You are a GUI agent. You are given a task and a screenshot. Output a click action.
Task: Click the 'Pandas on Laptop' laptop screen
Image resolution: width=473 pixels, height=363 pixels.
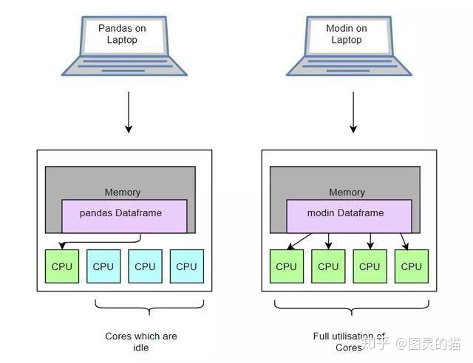[122, 34]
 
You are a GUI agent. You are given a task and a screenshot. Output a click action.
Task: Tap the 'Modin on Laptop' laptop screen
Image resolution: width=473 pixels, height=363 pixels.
[347, 34]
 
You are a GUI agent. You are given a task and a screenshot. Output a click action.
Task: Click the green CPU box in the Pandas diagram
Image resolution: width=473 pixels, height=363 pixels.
[62, 266]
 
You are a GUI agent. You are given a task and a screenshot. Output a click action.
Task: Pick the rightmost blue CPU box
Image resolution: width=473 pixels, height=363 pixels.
[186, 266]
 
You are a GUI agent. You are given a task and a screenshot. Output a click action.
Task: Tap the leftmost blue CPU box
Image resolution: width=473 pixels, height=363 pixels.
[103, 266]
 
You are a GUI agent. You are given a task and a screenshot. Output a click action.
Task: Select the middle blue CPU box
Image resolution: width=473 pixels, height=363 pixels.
[145, 266]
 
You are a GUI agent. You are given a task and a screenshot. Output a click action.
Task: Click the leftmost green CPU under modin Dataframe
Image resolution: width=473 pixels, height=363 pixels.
[287, 266]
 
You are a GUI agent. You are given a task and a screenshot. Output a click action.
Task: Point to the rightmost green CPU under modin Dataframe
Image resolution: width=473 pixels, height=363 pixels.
[411, 266]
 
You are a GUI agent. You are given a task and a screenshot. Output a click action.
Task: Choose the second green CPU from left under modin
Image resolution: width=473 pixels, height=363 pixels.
[328, 266]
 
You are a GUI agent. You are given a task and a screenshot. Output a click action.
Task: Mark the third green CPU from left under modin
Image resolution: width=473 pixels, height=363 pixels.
[370, 266]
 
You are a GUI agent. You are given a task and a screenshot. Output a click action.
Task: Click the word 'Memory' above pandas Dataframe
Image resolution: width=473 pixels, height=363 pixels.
[122, 192]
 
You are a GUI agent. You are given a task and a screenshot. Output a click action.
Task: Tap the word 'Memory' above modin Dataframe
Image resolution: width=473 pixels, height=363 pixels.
[347, 192]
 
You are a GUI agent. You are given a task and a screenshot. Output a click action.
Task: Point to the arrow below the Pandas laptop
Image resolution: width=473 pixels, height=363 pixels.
[128, 112]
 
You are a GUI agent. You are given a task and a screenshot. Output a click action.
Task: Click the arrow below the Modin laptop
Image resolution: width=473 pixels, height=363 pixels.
[353, 112]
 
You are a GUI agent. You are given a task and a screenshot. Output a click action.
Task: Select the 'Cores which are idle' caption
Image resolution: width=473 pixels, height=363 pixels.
[141, 342]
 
